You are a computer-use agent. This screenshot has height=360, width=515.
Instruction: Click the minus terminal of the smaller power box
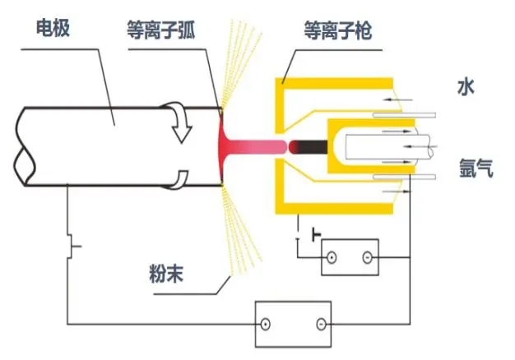(x=367, y=259)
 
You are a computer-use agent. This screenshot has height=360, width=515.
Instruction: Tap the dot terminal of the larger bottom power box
(x=266, y=325)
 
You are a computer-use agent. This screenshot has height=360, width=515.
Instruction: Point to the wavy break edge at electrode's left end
(x=24, y=148)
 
